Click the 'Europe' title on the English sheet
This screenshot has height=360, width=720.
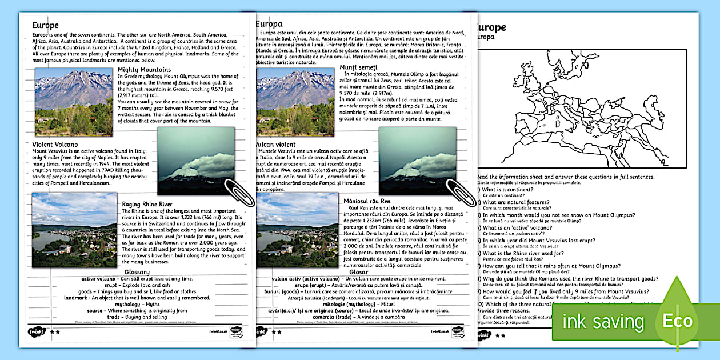click(45, 25)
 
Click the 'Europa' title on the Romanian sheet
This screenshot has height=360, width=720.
click(269, 24)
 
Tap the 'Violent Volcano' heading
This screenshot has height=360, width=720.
click(55, 145)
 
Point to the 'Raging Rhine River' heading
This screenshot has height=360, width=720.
click(147, 204)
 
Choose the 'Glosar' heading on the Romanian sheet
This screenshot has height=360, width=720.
click(359, 271)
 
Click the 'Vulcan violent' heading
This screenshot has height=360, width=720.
click(277, 145)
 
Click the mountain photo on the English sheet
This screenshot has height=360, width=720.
click(74, 94)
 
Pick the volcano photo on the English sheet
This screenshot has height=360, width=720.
click(195, 160)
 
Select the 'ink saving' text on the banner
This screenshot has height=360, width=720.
click(603, 322)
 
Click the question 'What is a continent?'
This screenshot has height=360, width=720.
click(508, 189)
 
